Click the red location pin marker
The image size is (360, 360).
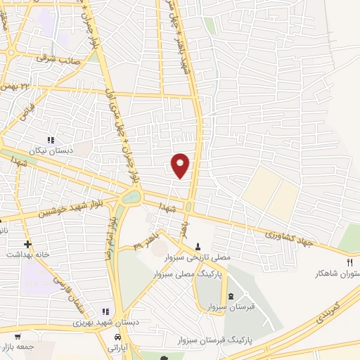181,165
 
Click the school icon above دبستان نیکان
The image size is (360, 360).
49,140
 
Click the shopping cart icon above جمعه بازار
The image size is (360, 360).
18,336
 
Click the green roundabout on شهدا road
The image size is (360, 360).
131,197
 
